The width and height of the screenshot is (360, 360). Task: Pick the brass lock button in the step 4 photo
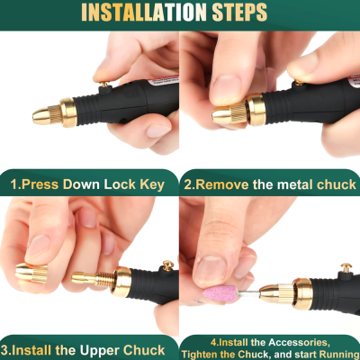(344, 267)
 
